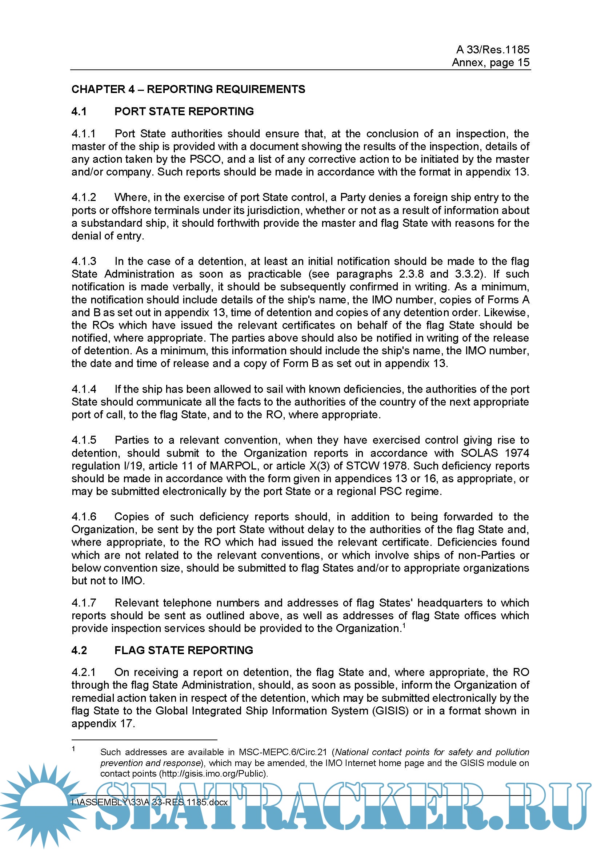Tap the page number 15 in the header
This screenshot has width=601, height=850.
click(x=523, y=62)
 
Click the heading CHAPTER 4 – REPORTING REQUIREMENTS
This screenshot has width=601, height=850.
click(x=188, y=89)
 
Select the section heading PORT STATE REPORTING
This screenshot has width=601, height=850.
click(x=184, y=112)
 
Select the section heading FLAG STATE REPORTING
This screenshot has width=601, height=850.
click(x=183, y=650)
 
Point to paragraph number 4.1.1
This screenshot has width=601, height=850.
click(x=84, y=134)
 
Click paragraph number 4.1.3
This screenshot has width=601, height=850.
click(x=84, y=261)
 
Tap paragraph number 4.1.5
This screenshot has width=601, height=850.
click(x=84, y=440)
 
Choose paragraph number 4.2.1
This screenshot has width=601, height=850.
click(x=84, y=672)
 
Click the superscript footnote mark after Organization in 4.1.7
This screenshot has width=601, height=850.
click(x=404, y=625)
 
